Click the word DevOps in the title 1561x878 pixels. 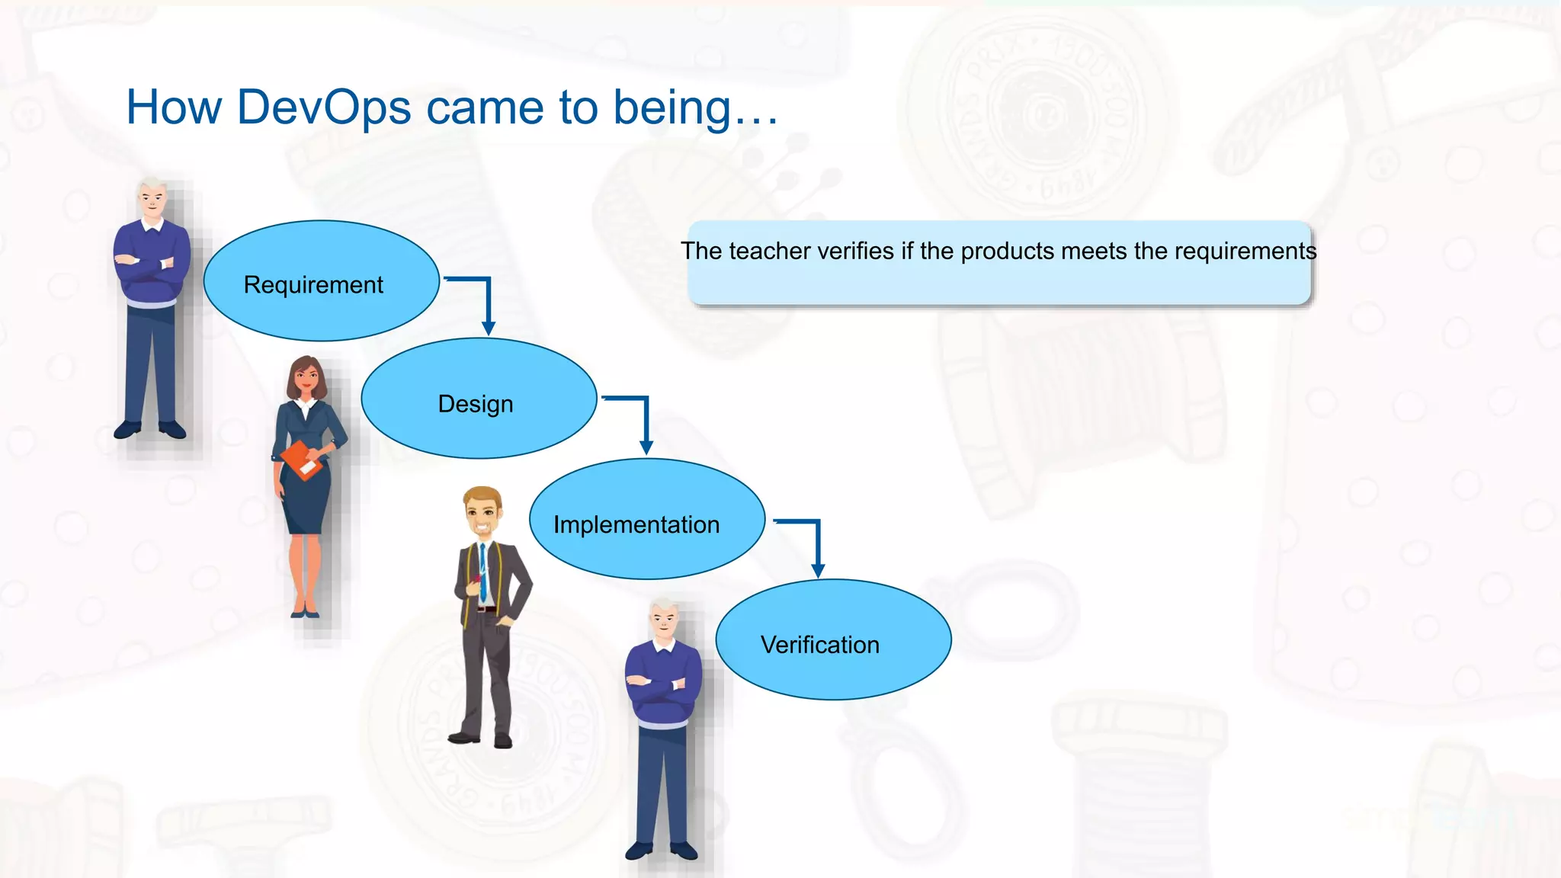[x=324, y=107]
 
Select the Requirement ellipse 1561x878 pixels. [x=321, y=281]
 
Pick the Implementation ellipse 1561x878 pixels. [x=646, y=520]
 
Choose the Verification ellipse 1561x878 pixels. [x=833, y=640]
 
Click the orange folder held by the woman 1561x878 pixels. [x=303, y=460]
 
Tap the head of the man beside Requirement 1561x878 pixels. [x=152, y=200]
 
